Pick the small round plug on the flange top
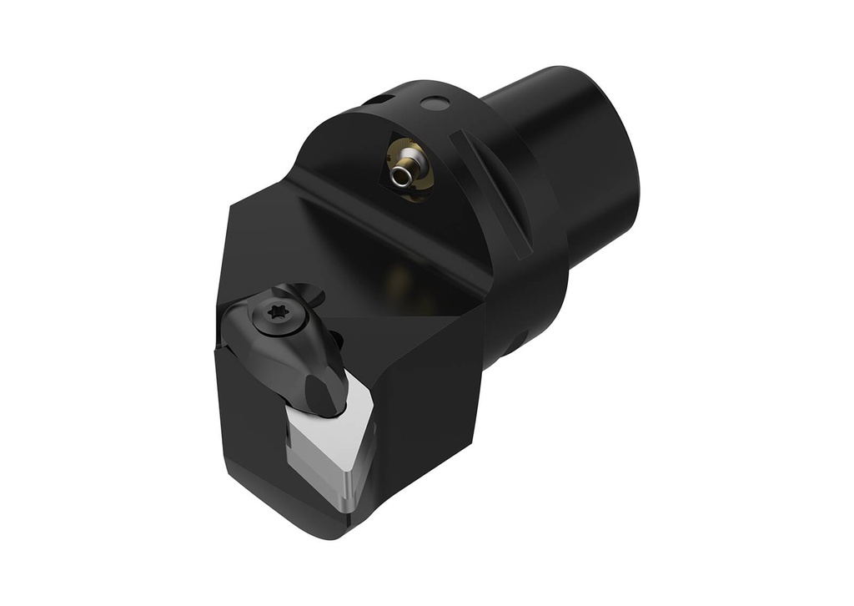(434, 104)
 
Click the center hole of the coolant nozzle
(402, 175)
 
